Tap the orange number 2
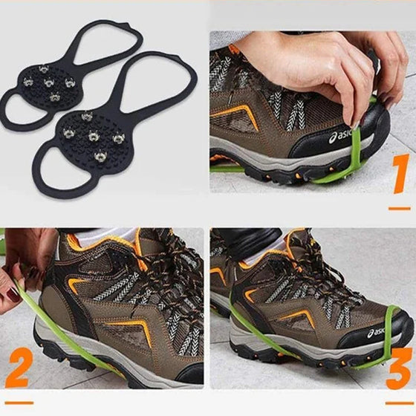(x=19, y=368)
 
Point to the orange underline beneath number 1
(x=400, y=209)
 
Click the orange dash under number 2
(x=19, y=403)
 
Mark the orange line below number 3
(x=399, y=403)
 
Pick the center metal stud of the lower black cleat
(x=93, y=136)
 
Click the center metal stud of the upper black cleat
(x=49, y=82)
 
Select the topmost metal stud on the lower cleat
(x=87, y=116)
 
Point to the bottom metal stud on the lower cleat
(x=100, y=155)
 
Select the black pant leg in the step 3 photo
(x=247, y=238)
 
